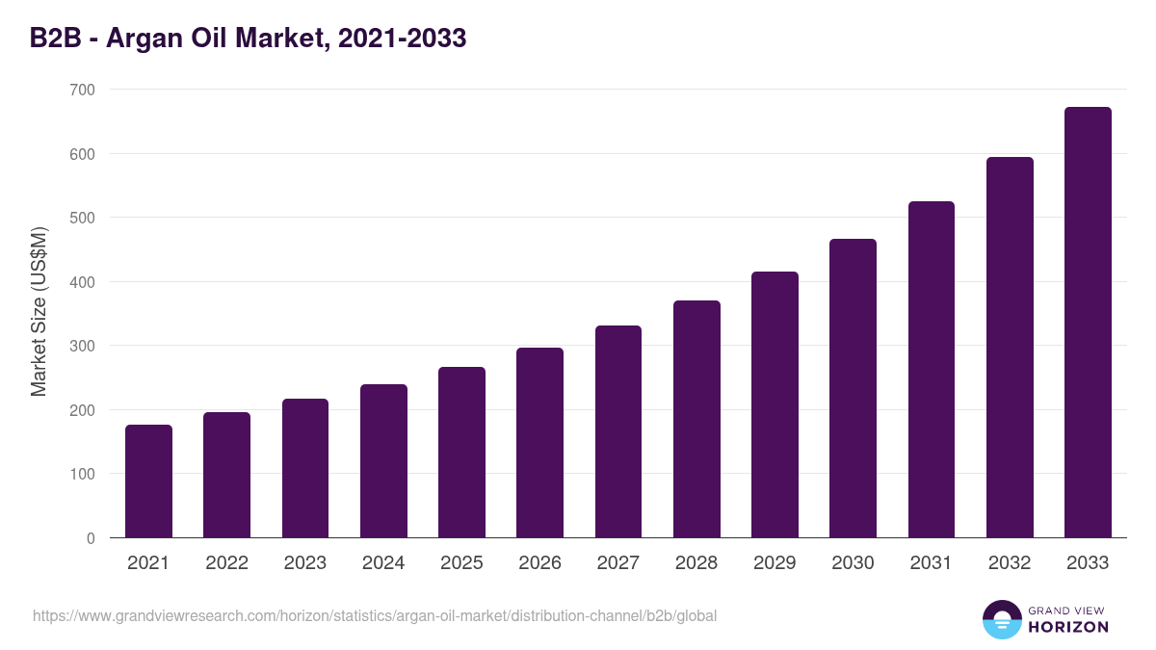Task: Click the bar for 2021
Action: tap(148, 481)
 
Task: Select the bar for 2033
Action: tap(1088, 323)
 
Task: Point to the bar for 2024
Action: tap(383, 461)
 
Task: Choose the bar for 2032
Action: tap(1010, 348)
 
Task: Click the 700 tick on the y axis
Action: tap(83, 90)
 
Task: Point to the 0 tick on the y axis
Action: tap(91, 538)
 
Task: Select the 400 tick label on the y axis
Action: tap(83, 282)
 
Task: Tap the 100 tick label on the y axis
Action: tap(83, 475)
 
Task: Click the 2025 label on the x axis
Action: tap(461, 563)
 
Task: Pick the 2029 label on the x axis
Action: tap(775, 563)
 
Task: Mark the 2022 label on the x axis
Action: tap(226, 563)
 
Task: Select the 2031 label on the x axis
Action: tap(932, 563)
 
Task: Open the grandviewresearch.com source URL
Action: tap(375, 615)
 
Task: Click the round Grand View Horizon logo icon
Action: tap(1001, 619)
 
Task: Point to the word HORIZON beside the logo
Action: tap(1068, 627)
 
